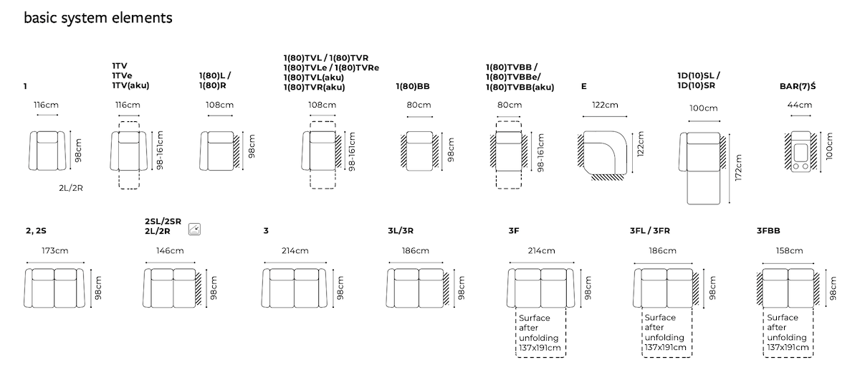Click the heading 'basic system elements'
coord(98,18)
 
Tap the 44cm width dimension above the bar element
coord(800,105)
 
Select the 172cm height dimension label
coord(738,168)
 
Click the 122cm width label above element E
coord(605,105)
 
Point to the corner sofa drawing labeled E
coord(603,156)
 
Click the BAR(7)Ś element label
coord(798,86)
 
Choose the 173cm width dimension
coord(55,251)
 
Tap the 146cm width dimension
coord(170,251)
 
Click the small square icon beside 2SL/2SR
coord(195,230)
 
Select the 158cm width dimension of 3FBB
coord(789,251)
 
